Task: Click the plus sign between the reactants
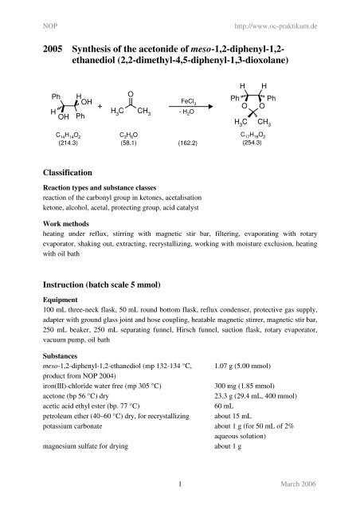(100, 107)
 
